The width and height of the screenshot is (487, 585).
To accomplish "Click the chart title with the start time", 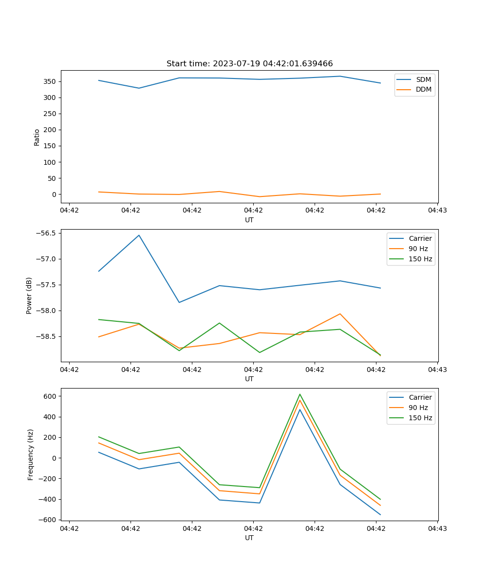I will click(249, 64).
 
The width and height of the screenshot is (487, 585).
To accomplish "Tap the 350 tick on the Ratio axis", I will click(51, 81).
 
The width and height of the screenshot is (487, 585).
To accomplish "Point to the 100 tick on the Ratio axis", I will click(51, 162).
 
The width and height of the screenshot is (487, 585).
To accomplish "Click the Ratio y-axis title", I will click(37, 137).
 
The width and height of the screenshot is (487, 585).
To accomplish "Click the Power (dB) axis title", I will click(29, 295).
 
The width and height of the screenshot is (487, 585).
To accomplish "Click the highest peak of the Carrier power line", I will click(139, 235).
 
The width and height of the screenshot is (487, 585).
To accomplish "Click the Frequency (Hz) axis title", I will click(31, 454).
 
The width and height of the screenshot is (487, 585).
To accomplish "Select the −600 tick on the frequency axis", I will click(49, 520).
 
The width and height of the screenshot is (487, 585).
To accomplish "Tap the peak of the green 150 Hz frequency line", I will click(300, 394).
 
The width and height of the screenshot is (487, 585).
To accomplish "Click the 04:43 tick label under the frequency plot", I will click(437, 528).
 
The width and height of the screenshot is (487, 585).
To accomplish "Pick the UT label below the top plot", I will click(249, 220).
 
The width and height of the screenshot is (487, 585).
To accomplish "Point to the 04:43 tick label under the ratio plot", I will click(437, 211).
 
